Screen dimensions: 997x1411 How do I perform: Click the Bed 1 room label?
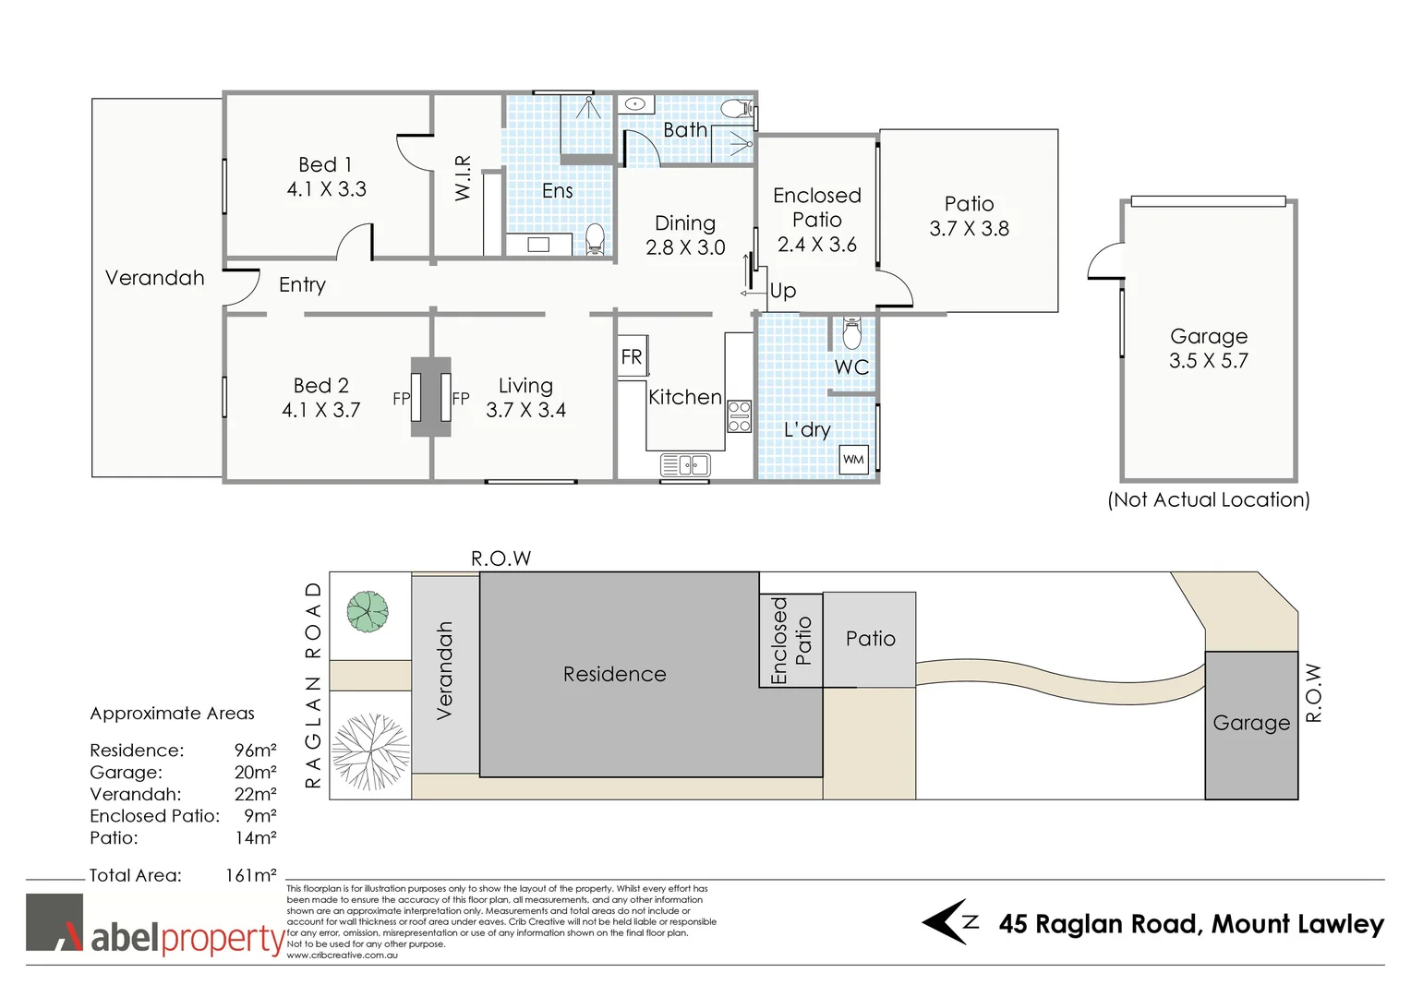(x=325, y=164)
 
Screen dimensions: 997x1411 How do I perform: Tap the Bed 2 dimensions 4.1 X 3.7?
(x=320, y=410)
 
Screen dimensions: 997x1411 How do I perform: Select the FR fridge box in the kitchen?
(x=632, y=357)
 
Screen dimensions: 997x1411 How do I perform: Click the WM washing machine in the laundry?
(x=853, y=459)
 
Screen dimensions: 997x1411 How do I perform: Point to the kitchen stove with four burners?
(x=739, y=416)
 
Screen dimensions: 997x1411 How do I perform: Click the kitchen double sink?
(x=685, y=465)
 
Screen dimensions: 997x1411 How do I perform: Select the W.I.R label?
(x=464, y=177)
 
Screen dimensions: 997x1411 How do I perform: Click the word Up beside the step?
(x=783, y=291)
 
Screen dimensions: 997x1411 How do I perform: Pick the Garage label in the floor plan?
(x=1208, y=336)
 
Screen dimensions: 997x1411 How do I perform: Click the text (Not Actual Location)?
(x=1208, y=499)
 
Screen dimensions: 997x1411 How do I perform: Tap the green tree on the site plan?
(x=367, y=611)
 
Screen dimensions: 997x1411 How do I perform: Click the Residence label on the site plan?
(x=614, y=674)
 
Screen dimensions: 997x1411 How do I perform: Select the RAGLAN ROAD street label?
(x=313, y=684)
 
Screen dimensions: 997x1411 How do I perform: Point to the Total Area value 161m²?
(x=250, y=875)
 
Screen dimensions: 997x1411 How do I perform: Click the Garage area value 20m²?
(x=255, y=772)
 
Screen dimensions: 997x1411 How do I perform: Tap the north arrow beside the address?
(x=949, y=922)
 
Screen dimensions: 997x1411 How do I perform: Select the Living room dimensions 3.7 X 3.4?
(x=525, y=410)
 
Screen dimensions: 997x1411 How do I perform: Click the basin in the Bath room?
(x=634, y=104)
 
